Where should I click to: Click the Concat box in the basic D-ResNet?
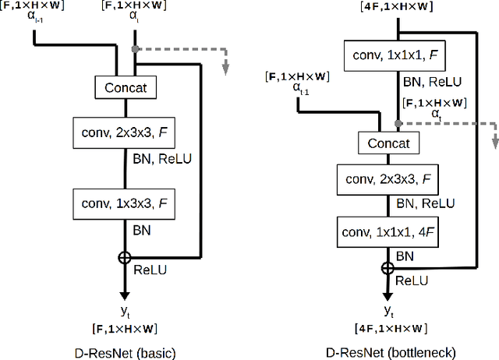125,88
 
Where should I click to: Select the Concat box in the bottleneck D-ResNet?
388,143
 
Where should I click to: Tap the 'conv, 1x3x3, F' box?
125,203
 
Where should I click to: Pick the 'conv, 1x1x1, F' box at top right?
398,57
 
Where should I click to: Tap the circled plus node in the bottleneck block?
388,267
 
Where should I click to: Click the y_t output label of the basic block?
126,311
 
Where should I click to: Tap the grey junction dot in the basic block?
136,48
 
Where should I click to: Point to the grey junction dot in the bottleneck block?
398,123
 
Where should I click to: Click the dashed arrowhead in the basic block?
225,70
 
